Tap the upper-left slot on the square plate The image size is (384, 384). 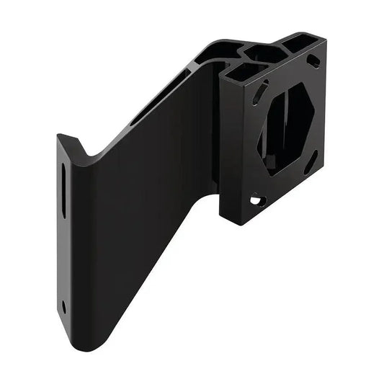click(258, 93)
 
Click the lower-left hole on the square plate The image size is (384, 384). click(256, 199)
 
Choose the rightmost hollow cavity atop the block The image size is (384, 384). click(296, 43)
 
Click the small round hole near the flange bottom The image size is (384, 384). click(63, 306)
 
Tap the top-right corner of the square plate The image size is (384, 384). click(326, 40)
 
